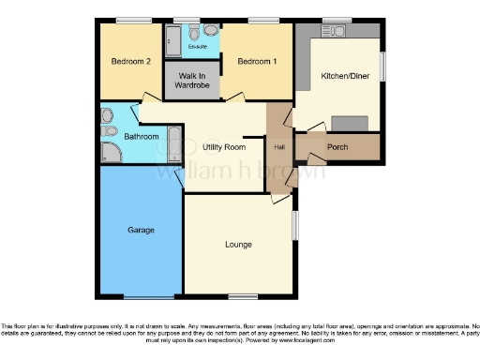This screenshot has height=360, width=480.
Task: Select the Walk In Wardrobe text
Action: click(x=192, y=81)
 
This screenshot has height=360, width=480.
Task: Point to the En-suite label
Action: click(x=197, y=45)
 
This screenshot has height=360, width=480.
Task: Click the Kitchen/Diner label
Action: click(x=338, y=75)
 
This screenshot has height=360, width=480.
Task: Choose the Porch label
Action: click(x=337, y=147)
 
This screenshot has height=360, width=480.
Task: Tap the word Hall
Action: click(x=279, y=147)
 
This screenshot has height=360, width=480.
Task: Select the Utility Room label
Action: click(x=224, y=147)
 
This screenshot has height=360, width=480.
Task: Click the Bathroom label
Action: click(x=122, y=136)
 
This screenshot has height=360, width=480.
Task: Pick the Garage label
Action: click(x=141, y=229)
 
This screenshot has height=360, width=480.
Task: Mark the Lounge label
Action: click(x=238, y=245)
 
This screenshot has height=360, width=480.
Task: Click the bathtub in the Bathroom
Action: click(x=174, y=143)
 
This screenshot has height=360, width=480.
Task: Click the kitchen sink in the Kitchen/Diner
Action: click(x=333, y=31)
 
